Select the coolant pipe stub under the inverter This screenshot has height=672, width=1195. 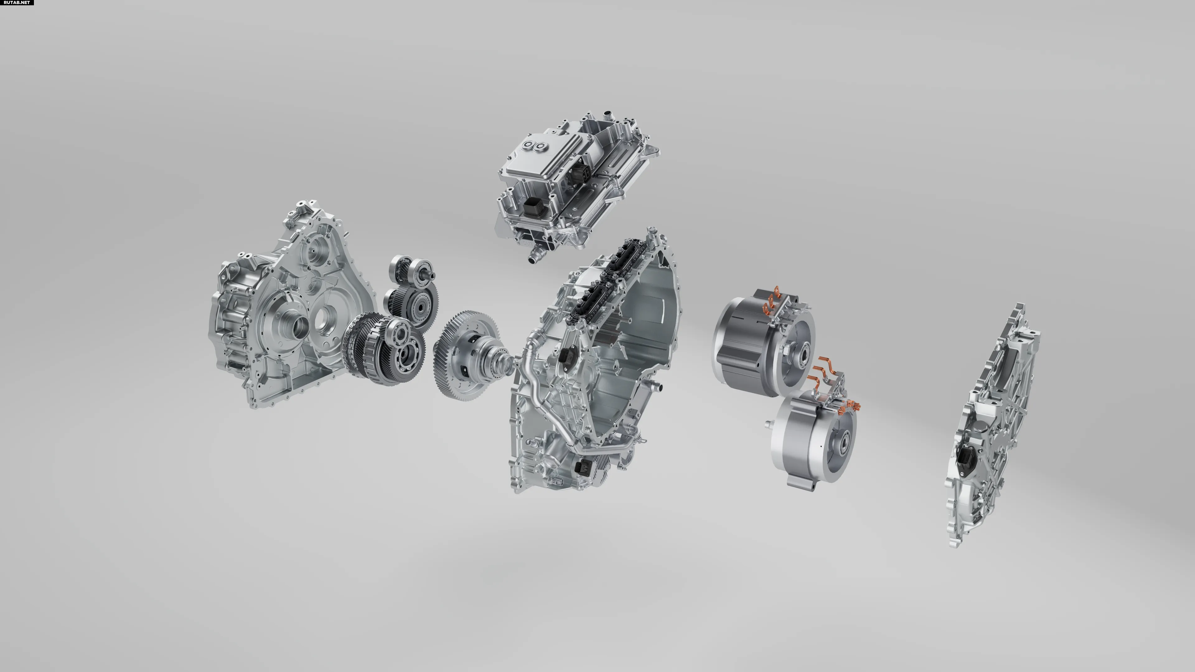(536, 254)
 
